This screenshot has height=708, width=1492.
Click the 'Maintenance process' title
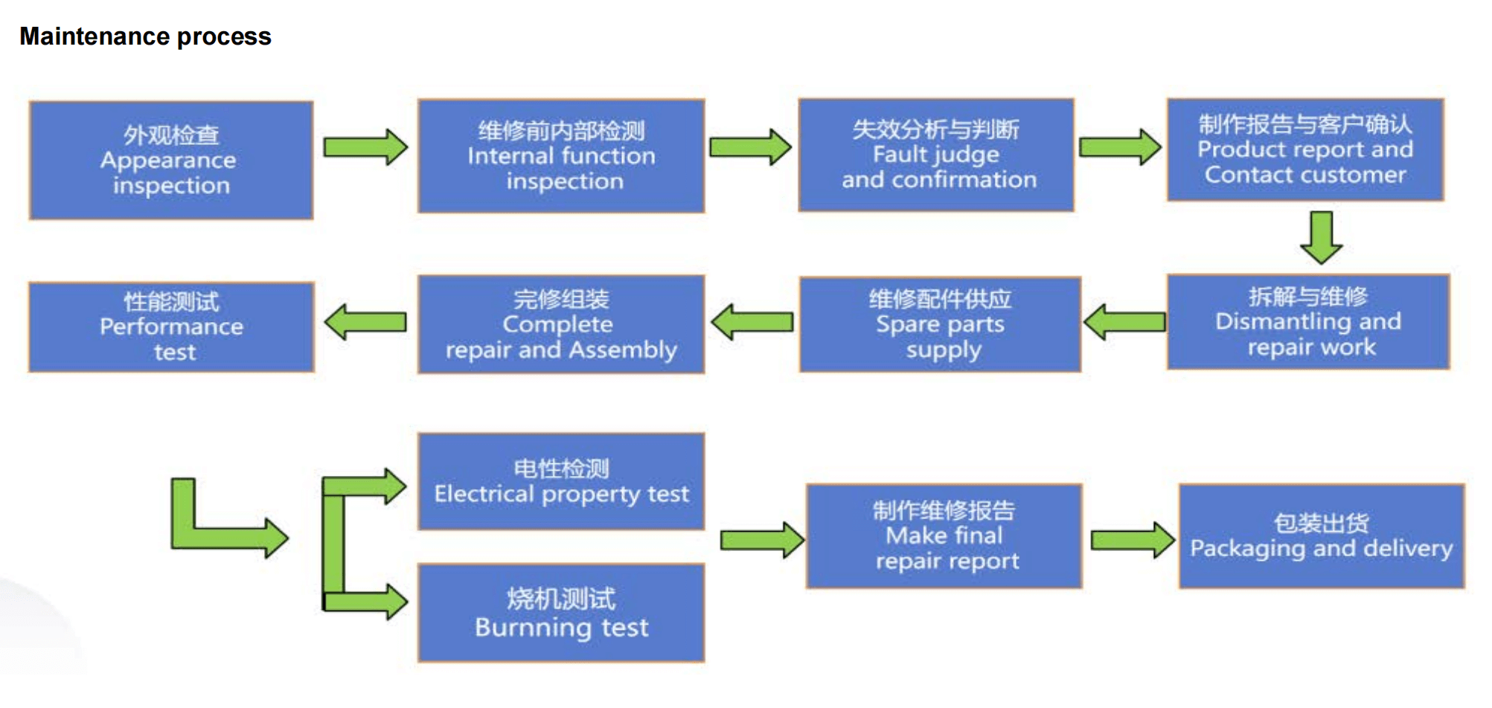pyautogui.click(x=145, y=36)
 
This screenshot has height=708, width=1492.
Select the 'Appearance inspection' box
pyautogui.click(x=171, y=161)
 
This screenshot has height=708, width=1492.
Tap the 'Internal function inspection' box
pyautogui.click(x=561, y=156)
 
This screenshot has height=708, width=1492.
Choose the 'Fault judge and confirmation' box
pyautogui.click(x=936, y=155)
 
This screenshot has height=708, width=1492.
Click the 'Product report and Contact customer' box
pyautogui.click(x=1305, y=149)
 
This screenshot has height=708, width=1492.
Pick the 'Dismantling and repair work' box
pyautogui.click(x=1308, y=322)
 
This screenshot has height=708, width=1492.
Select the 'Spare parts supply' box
pyautogui.click(x=940, y=324)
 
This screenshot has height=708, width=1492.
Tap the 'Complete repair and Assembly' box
pyautogui.click(x=561, y=324)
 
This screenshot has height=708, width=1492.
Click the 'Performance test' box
pyautogui.click(x=171, y=327)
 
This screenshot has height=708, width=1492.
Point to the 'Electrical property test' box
pyautogui.click(x=561, y=482)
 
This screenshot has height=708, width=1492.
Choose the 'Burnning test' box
pyautogui.click(x=561, y=613)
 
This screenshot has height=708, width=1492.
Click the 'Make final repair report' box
pyautogui.click(x=944, y=536)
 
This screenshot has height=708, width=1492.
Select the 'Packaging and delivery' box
pyautogui.click(x=1322, y=536)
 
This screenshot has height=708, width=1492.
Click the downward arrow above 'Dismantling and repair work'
pyautogui.click(x=1322, y=238)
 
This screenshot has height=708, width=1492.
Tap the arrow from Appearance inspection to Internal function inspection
pyautogui.click(x=365, y=147)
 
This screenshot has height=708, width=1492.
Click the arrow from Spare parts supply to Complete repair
pyautogui.click(x=752, y=322)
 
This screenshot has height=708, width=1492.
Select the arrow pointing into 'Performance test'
pyautogui.click(x=365, y=322)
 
